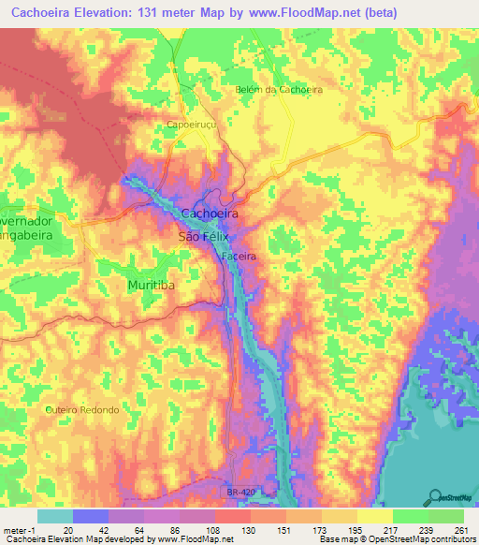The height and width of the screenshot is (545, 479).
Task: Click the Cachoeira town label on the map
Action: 210,214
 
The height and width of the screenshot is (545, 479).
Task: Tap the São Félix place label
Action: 203,237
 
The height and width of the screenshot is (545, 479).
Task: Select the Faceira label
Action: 239,255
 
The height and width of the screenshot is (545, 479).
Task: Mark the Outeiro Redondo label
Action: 82,410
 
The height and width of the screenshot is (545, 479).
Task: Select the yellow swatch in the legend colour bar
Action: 374,515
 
